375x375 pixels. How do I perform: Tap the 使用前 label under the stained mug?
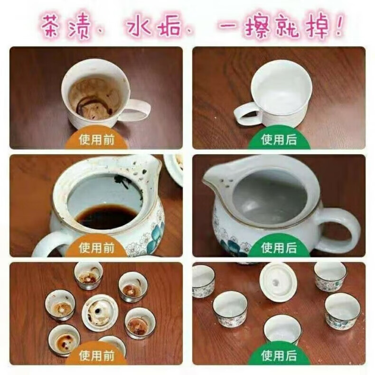[x=97, y=140]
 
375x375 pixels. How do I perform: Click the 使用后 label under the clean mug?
[x=279, y=140]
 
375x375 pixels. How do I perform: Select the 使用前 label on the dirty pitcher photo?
[x=97, y=248]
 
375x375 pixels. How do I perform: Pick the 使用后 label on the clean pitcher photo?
[x=279, y=248]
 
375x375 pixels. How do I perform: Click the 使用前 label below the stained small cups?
[x=97, y=356]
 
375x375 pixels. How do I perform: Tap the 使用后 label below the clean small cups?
[x=279, y=356]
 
